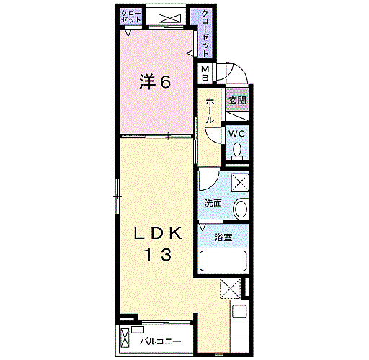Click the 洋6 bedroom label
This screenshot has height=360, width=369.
tap(155, 81)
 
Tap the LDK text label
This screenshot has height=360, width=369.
tap(158, 233)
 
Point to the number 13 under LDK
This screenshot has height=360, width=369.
tap(158, 255)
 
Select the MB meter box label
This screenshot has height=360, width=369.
tap(205, 73)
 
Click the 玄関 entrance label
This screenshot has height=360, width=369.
tap(237, 100)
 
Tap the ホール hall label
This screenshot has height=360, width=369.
tap(210, 111)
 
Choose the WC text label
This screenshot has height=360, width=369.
tap(237, 134)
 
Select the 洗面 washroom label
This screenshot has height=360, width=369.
tap(213, 203)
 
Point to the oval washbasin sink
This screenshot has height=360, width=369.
tap(241, 209)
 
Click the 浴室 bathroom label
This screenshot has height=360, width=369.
tap(223, 238)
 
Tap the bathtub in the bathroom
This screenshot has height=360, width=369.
tap(223, 261)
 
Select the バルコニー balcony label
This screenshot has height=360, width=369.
tap(161, 341)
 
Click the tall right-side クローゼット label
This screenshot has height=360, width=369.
tap(205, 33)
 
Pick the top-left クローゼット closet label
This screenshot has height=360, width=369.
tap(131, 16)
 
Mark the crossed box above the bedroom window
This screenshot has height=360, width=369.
tap(169, 19)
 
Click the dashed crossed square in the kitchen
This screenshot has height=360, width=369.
tap(231, 288)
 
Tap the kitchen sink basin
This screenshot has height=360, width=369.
tap(239, 311)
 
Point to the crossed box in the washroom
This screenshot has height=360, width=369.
tap(239, 182)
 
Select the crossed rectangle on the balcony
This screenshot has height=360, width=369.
tap(125, 338)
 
